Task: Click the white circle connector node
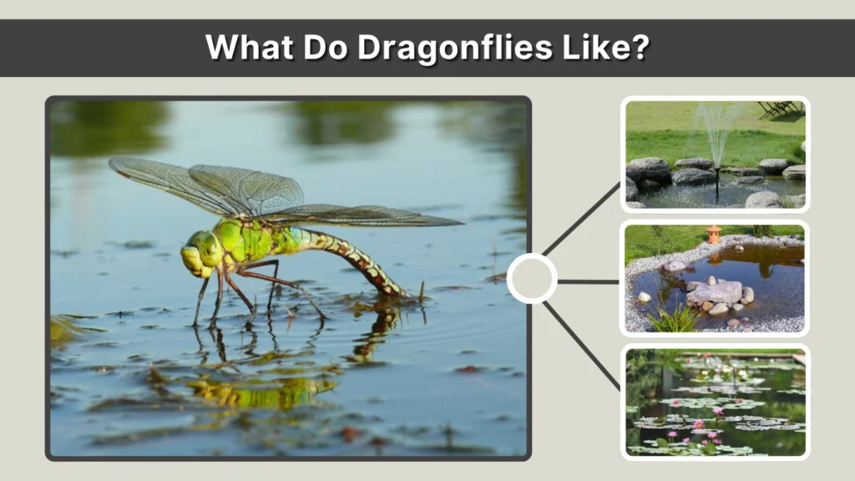[x=532, y=278]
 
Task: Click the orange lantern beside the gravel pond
[x=713, y=235]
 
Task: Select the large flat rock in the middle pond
[x=715, y=292]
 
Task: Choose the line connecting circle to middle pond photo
[x=588, y=281]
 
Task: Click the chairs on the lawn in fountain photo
[x=777, y=109]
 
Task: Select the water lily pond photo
[x=715, y=402]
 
